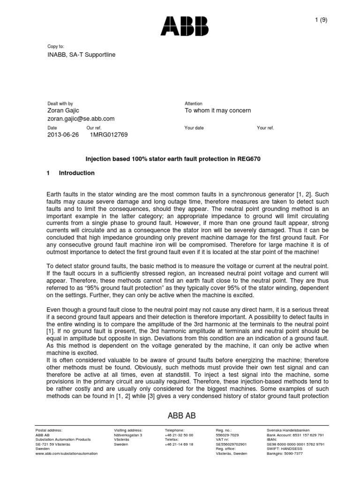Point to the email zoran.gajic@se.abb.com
click(81, 119)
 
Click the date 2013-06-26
click(64, 135)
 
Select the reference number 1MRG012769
click(108, 135)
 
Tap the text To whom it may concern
click(217, 111)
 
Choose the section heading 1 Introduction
click(71, 173)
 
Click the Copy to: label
click(56, 47)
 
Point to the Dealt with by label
click(60, 103)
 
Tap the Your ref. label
click(265, 127)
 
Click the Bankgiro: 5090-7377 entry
click(285, 453)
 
